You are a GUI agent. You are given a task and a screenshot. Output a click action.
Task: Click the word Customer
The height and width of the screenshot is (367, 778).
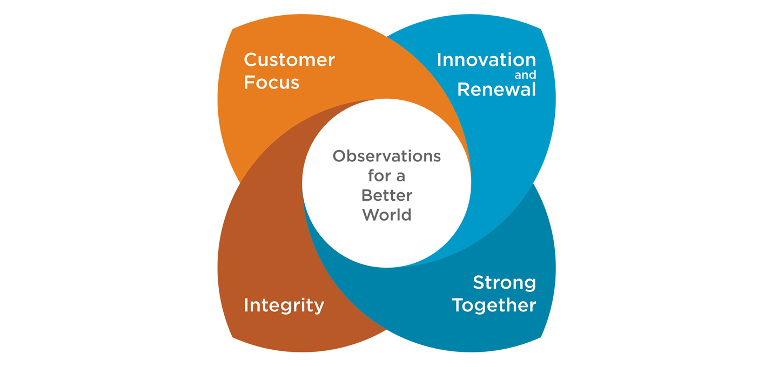click(x=289, y=60)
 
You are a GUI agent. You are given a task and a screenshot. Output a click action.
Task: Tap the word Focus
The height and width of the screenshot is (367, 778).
click(x=271, y=83)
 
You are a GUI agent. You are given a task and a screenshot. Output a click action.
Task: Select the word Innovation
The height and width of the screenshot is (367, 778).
click(x=486, y=60)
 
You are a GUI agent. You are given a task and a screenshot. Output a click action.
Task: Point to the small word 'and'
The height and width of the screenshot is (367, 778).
click(x=525, y=76)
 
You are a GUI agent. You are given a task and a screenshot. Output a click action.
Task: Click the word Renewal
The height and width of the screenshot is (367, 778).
click(x=496, y=89)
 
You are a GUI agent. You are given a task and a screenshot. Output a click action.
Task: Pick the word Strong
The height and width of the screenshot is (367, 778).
click(x=504, y=282)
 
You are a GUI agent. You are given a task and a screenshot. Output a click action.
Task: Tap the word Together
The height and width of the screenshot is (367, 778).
click(x=494, y=305)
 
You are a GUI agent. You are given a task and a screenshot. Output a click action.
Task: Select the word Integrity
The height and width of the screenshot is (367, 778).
click(x=284, y=305)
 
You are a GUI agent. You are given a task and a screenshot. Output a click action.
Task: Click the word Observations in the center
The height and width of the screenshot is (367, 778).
click(x=386, y=157)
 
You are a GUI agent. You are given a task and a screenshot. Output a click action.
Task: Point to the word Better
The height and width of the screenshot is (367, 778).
click(x=386, y=195)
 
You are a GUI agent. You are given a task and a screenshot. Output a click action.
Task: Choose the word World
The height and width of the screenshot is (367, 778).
click(x=386, y=214)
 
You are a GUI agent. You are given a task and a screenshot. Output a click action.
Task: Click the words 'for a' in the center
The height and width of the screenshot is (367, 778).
click(x=386, y=176)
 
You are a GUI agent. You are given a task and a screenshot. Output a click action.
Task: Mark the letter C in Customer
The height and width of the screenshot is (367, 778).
click(x=250, y=60)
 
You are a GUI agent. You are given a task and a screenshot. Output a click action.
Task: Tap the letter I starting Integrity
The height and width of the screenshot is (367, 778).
click(x=246, y=305)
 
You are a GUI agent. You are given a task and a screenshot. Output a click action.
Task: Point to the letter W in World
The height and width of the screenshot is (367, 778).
click(x=371, y=214)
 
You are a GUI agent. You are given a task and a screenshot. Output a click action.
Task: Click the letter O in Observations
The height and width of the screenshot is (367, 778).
click(x=339, y=157)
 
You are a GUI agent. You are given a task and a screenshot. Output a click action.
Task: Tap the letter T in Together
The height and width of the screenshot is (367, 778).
click(x=458, y=305)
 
